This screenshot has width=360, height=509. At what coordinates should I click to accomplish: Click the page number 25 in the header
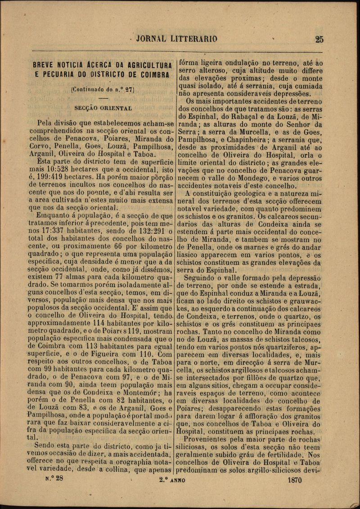pyautogui.click(x=319, y=39)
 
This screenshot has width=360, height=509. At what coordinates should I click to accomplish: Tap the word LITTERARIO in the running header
pyautogui.click(x=194, y=39)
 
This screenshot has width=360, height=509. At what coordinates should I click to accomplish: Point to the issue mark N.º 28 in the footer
pyautogui.click(x=54, y=479)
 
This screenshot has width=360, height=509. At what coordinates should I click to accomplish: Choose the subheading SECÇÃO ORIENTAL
pyautogui.click(x=103, y=108)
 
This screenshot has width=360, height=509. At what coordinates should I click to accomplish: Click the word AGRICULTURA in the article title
pyautogui.click(x=146, y=65)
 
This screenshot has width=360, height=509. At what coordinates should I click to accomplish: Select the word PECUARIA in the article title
pyautogui.click(x=61, y=75)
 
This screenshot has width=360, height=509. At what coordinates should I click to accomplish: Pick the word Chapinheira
pyautogui.click(x=241, y=140)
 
